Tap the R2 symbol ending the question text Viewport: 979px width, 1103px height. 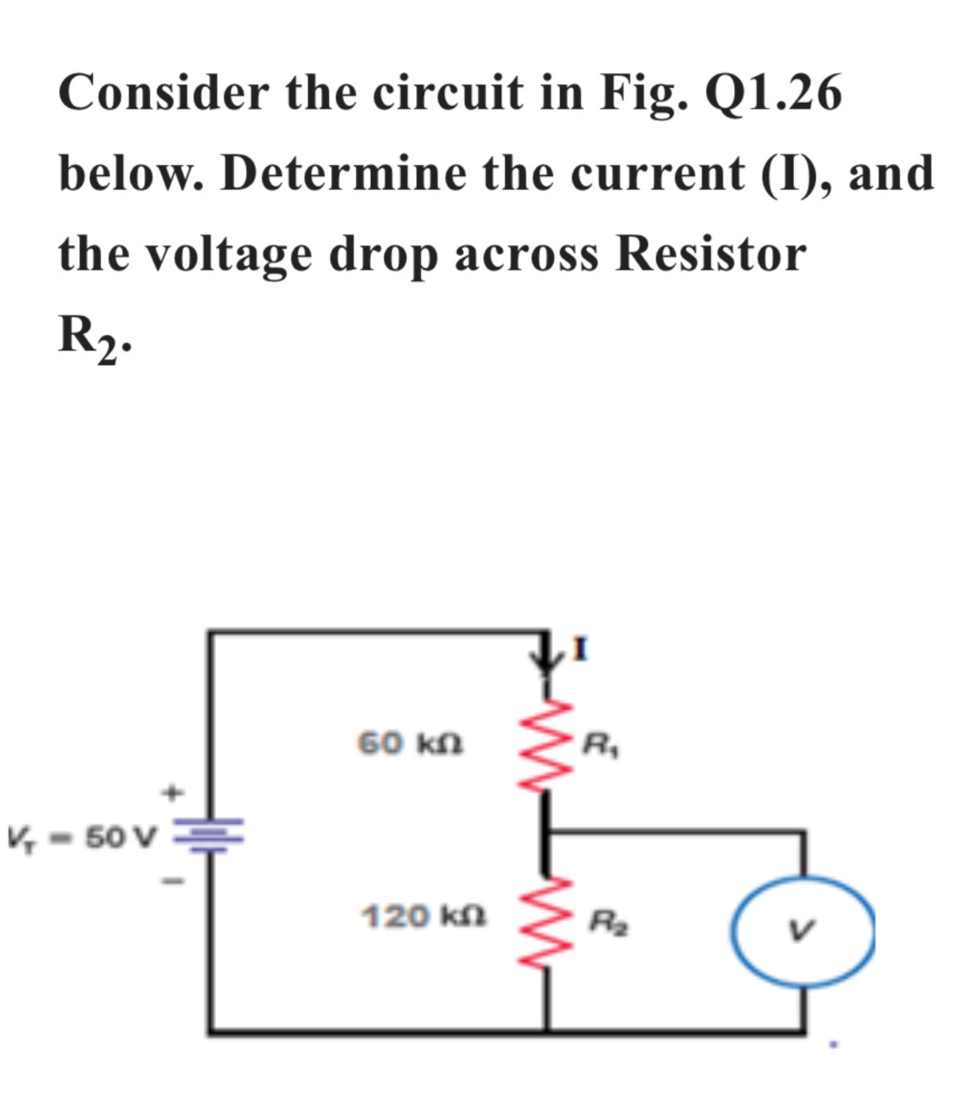[91, 337]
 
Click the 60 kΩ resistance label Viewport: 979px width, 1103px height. [410, 743]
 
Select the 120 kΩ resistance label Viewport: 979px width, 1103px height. [424, 916]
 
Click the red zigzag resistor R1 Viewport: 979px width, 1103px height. [546, 745]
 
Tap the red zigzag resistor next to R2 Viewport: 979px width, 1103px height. [546, 922]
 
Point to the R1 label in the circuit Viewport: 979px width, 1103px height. [600, 745]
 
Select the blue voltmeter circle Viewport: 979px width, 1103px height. [803, 931]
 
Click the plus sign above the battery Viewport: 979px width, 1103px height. [172, 792]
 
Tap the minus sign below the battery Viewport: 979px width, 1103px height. [172, 880]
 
